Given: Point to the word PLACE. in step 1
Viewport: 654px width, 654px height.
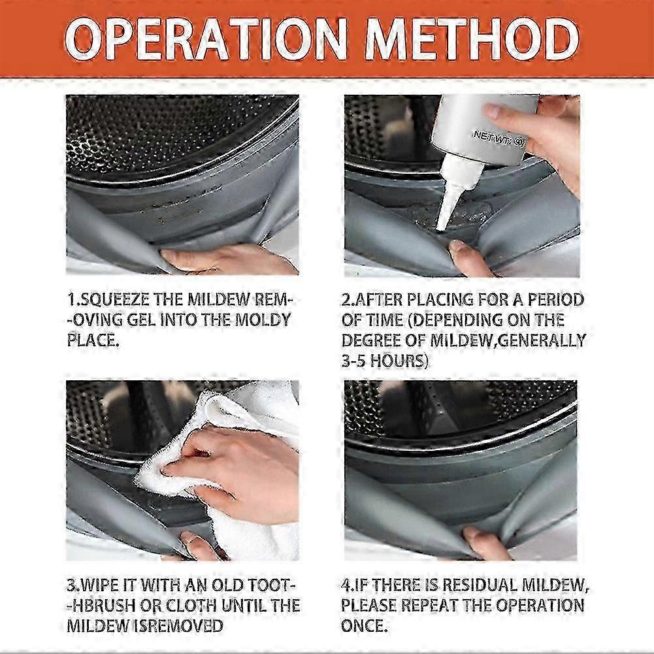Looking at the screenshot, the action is [93, 340].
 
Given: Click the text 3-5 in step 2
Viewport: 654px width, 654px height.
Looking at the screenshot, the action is [353, 361].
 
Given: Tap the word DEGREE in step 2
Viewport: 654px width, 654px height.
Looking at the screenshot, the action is [373, 340].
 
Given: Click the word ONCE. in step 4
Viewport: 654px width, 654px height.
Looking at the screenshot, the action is [364, 626].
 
